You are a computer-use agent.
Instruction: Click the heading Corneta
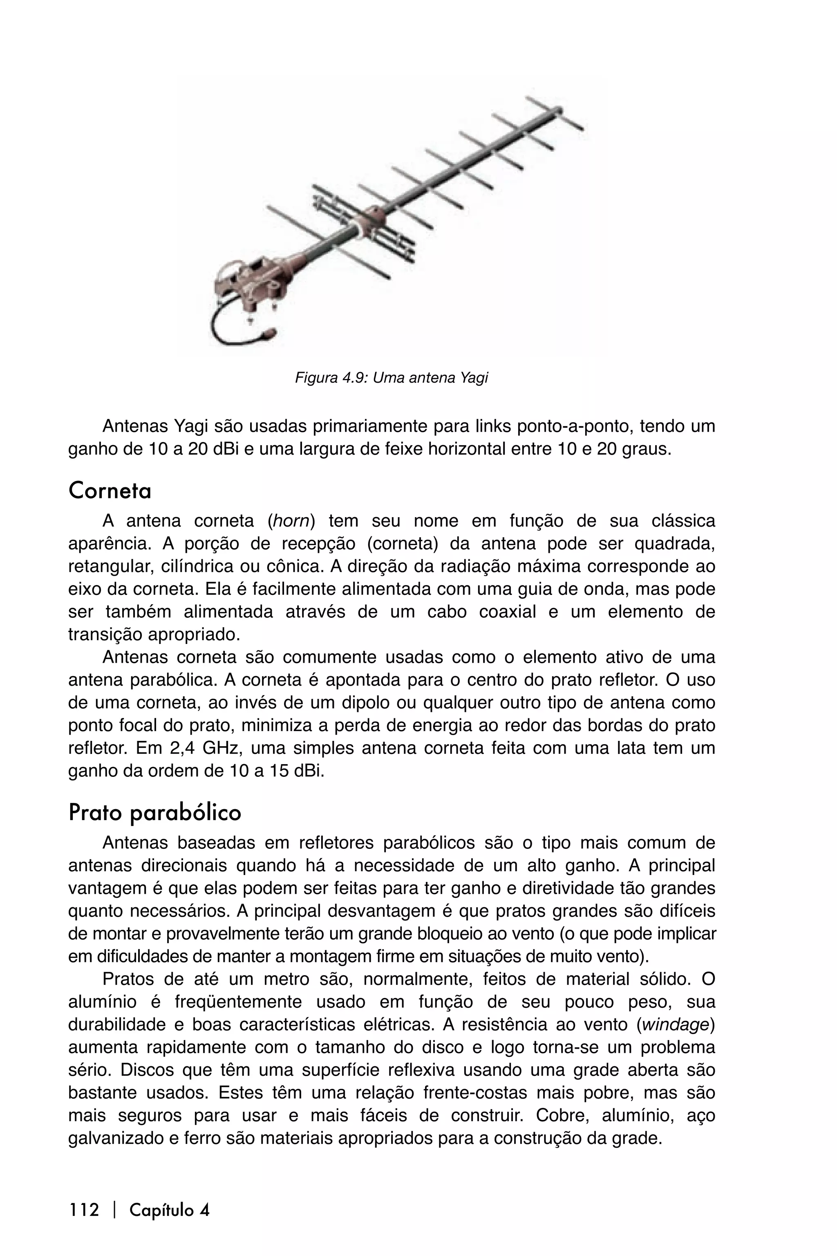pyautogui.click(x=110, y=491)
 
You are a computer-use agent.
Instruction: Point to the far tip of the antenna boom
pyautogui.click(x=559, y=110)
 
